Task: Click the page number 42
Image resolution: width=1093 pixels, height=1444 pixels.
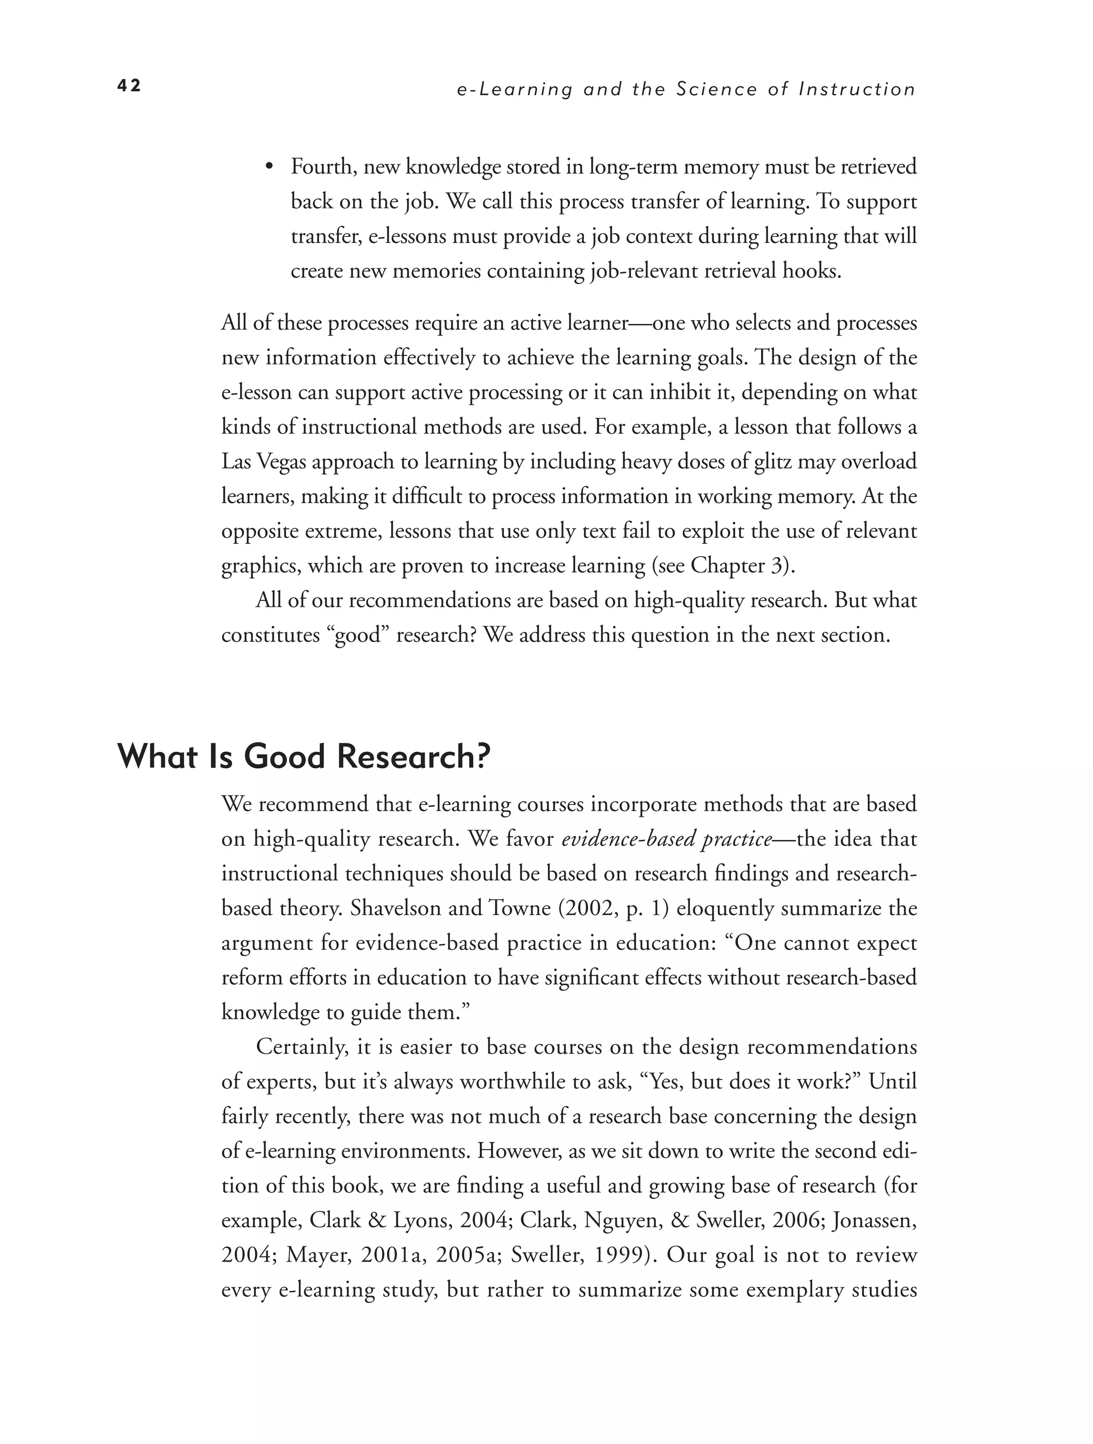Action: click(129, 85)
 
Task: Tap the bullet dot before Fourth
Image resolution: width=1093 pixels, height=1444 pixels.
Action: click(268, 167)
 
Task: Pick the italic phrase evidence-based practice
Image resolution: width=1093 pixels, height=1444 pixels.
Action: click(667, 839)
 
